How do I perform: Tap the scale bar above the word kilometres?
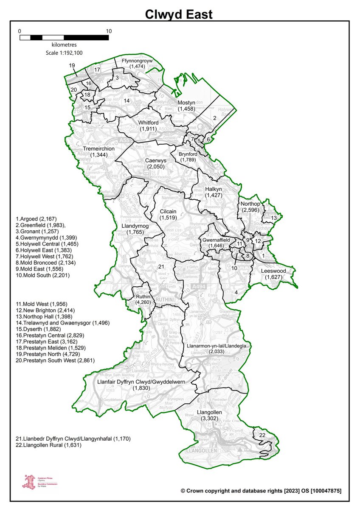pos(64,37)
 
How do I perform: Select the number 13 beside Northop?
pos(274,218)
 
